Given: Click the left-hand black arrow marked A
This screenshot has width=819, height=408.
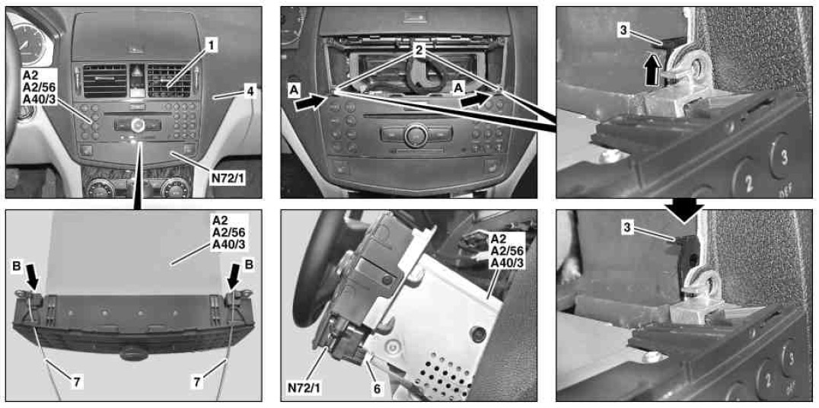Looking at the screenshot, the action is coord(309,104).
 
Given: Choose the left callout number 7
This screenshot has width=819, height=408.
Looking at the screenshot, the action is coord(76,382).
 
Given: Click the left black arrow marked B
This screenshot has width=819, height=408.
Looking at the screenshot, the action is coord(32,276).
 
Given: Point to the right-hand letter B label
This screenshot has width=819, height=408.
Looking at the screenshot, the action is coord(249,265).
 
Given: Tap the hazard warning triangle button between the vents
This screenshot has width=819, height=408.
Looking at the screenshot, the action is coord(135,72).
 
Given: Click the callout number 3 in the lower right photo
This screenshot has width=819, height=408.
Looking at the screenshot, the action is coord(626,226).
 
